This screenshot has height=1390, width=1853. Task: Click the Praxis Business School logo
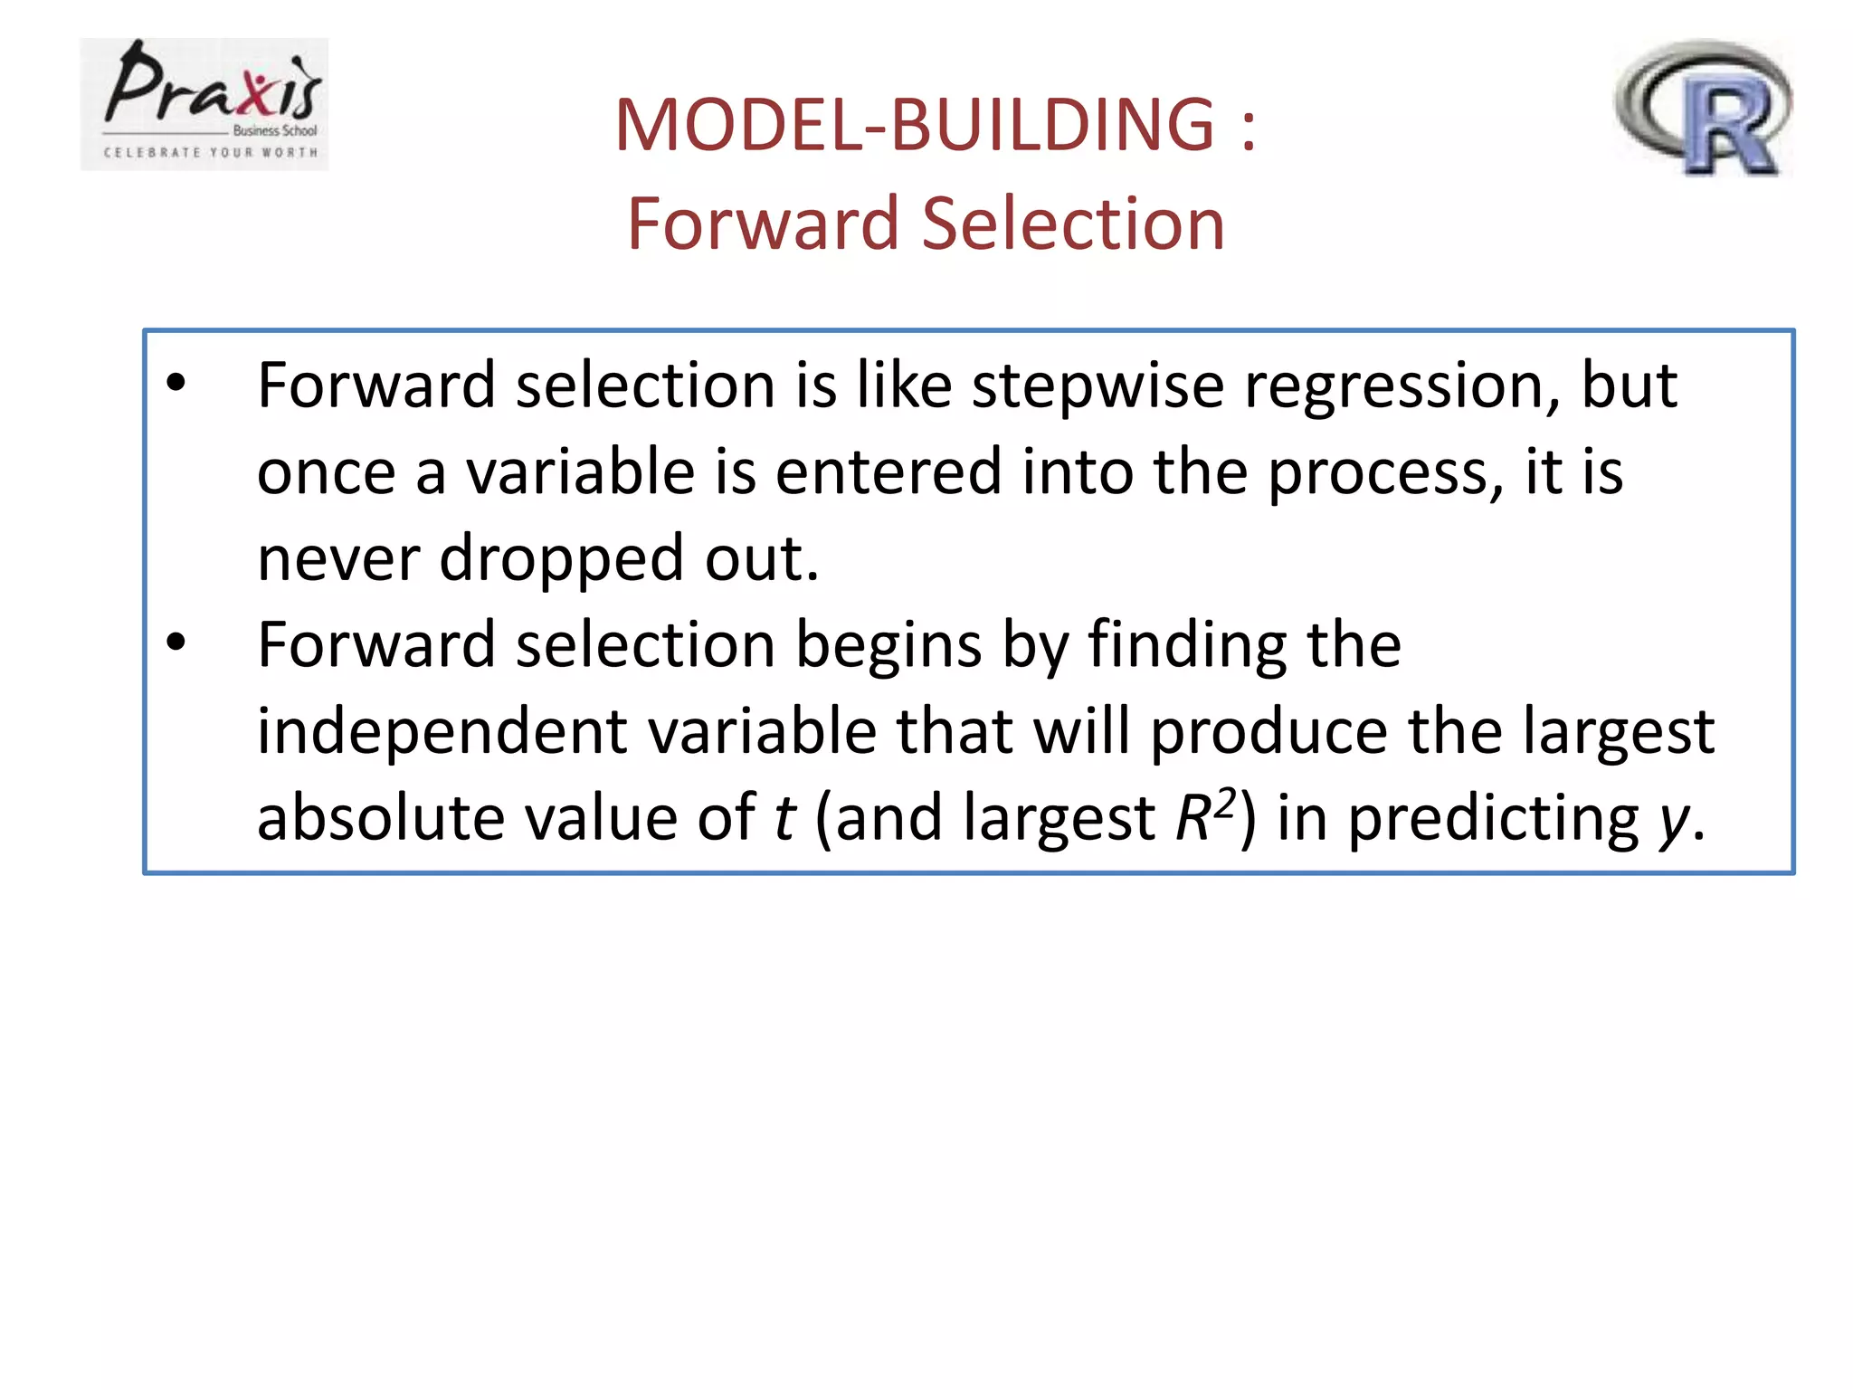tap(204, 104)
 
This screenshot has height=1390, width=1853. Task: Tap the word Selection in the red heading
tap(1073, 224)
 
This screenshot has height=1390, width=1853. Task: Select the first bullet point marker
tap(176, 384)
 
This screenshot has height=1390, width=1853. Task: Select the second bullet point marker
tap(176, 643)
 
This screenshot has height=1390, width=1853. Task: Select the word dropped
tap(561, 558)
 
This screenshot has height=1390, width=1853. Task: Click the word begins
tap(888, 645)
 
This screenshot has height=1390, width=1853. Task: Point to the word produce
tap(1268, 731)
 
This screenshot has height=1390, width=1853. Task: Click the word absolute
tap(379, 817)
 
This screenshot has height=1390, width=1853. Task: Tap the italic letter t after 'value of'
tap(784, 817)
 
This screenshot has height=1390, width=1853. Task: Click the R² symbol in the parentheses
tap(1205, 814)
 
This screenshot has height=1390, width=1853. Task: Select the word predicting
tap(1493, 817)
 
